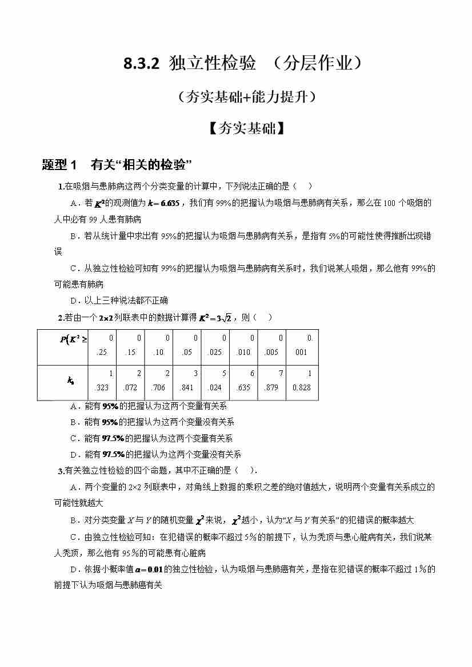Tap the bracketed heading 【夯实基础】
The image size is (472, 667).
[246, 128]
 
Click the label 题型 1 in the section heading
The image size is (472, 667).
[59, 165]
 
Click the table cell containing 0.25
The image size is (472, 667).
[102, 345]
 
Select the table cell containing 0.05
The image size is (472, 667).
[187, 345]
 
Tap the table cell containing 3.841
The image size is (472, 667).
[187, 381]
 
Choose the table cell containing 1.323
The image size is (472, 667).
[102, 381]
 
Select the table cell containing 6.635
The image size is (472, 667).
[243, 381]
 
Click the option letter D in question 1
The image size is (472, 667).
[73, 301]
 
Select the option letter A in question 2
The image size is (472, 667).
[73, 406]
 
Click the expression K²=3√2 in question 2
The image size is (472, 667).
[214, 318]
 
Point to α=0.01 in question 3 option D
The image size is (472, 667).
[139, 569]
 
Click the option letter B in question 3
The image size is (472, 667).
[73, 520]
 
